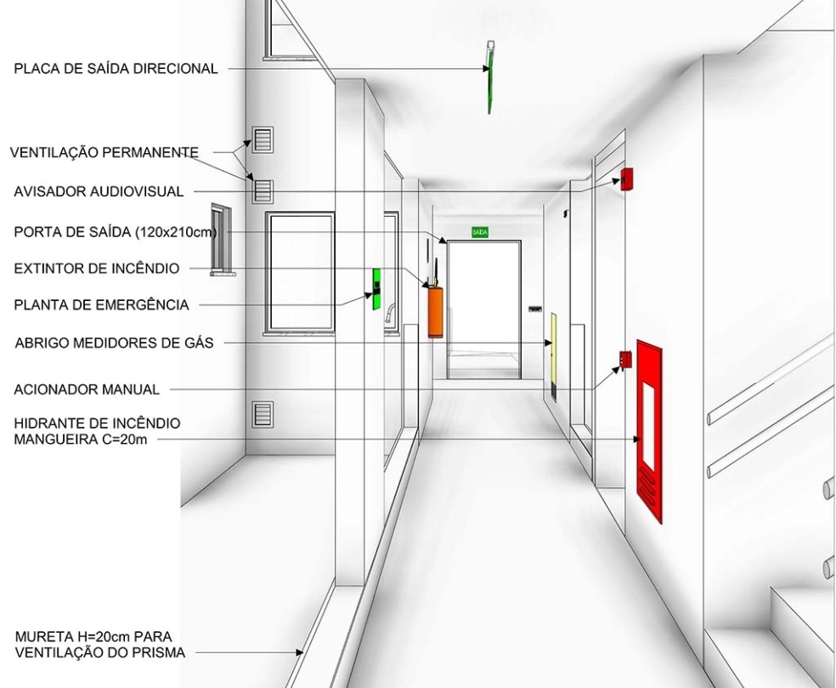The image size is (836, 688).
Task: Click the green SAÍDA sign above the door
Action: click(480, 232)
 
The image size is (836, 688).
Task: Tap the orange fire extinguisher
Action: click(435, 312)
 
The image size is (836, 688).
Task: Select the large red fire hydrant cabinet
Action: click(649, 431)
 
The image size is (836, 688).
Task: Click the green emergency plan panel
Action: click(376, 289)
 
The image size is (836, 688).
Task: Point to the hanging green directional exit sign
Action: click(490, 77)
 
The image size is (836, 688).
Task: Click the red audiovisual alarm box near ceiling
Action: click(626, 179)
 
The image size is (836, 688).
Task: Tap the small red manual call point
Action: click(625, 360)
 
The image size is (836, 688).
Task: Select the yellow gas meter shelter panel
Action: click(553, 356)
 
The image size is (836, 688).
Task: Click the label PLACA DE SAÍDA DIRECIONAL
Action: click(116, 68)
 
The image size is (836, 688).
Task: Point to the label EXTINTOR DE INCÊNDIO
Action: click(97, 268)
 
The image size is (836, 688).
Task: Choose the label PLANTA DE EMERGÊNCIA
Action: click(101, 304)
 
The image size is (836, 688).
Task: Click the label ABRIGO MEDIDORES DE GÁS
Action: click(114, 343)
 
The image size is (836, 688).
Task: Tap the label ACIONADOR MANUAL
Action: click(87, 389)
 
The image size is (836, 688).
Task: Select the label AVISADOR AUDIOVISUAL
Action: click(99, 191)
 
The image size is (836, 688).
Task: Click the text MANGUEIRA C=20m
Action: click(81, 440)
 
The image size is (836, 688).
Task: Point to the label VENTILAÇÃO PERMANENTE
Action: click(104, 152)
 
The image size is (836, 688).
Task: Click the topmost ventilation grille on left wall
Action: click(263, 139)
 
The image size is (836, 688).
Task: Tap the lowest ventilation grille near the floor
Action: click(263, 414)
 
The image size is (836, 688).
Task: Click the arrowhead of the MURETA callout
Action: click(300, 651)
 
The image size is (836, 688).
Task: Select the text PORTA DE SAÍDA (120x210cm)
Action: click(116, 232)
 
